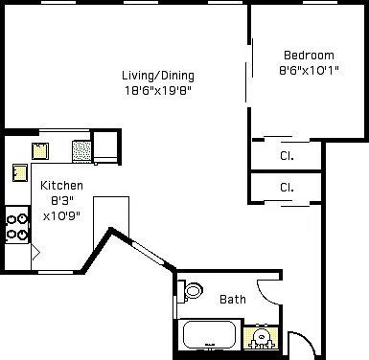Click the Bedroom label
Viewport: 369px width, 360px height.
point(309,56)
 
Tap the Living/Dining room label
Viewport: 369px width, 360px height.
point(158,76)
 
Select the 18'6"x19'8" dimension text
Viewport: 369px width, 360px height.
point(158,91)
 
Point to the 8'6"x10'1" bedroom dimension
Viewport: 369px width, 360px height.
point(309,70)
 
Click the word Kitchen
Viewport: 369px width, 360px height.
point(61,186)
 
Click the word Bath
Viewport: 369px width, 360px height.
point(233,300)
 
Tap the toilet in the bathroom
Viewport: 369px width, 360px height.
point(191,290)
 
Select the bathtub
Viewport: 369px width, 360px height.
point(210,335)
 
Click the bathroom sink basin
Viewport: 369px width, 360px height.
point(262,338)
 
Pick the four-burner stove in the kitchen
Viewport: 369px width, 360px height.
point(17,225)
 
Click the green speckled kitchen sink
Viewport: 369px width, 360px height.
point(81,151)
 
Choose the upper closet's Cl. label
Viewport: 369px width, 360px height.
point(287,156)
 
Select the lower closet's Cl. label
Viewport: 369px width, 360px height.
point(287,188)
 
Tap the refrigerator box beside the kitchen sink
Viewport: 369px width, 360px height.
point(105,146)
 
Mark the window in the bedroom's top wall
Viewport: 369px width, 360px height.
point(320,2)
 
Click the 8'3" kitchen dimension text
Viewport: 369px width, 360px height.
point(62,201)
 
